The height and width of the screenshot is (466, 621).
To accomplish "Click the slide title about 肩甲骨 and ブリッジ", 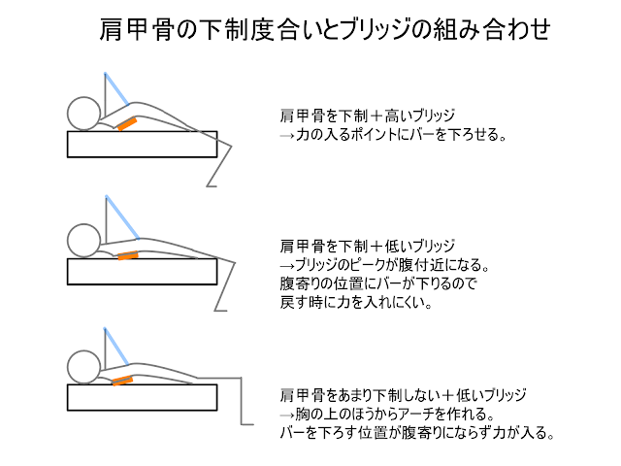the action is [x=326, y=30].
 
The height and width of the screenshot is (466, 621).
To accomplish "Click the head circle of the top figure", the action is [x=82, y=113].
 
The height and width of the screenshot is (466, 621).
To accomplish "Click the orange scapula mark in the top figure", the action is [x=126, y=124].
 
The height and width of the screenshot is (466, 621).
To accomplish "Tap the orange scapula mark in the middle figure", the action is [x=127, y=256].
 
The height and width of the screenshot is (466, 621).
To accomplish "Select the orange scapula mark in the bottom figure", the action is [x=121, y=382].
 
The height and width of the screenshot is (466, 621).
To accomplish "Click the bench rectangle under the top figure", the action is [x=142, y=144].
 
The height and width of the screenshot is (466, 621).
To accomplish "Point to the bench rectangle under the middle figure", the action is [x=142, y=272].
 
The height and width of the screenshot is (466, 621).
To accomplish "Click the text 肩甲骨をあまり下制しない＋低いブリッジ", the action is [x=403, y=395].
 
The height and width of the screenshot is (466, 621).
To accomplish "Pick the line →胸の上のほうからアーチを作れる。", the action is [x=389, y=415].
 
